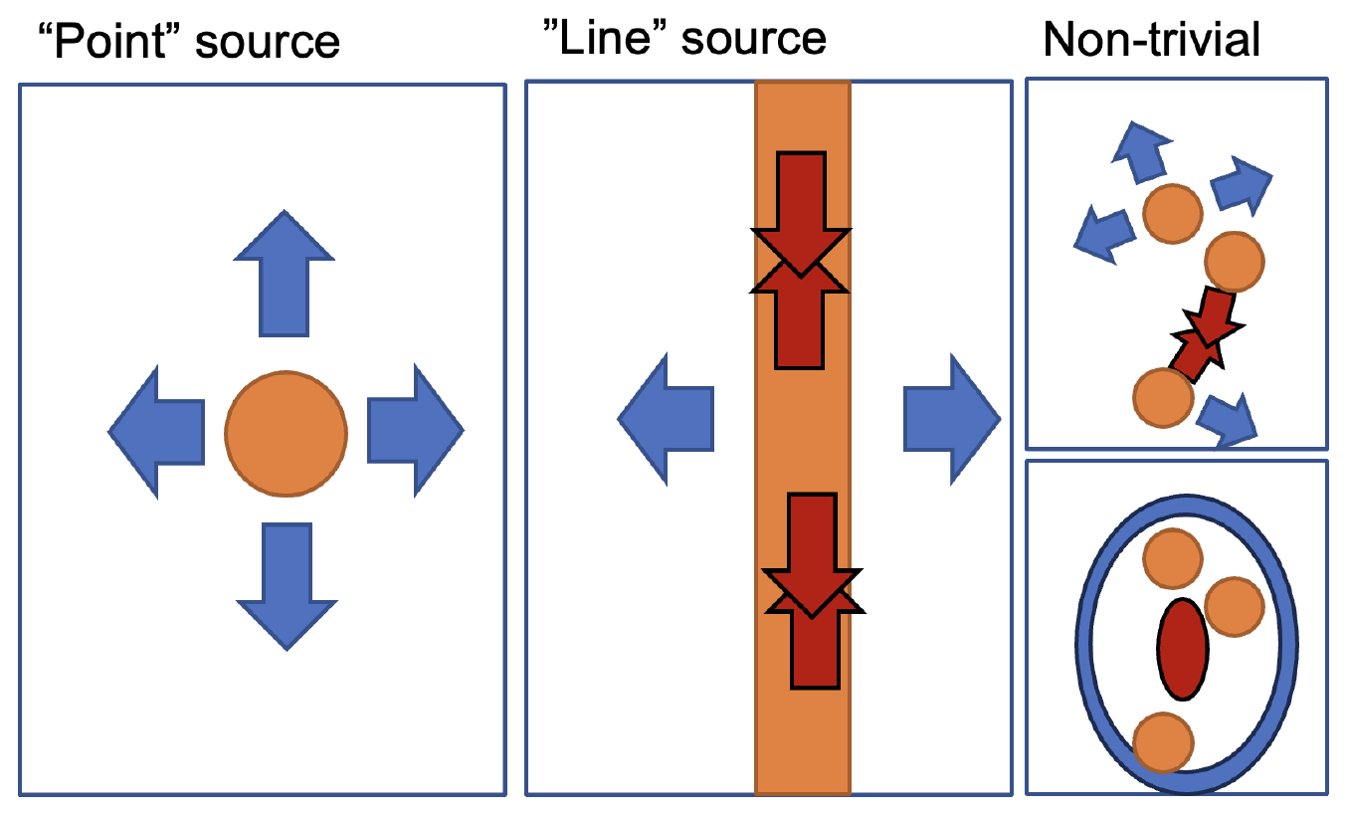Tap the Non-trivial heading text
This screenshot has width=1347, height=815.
(1152, 40)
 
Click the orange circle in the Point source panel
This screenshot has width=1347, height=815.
(286, 433)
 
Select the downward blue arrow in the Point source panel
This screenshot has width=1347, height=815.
(287, 587)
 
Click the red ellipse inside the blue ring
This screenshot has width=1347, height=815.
(1183, 649)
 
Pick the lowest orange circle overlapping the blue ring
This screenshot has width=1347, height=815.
(1163, 742)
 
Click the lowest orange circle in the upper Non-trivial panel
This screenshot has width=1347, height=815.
(1163, 397)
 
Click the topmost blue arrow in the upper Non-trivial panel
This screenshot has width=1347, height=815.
(1138, 151)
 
